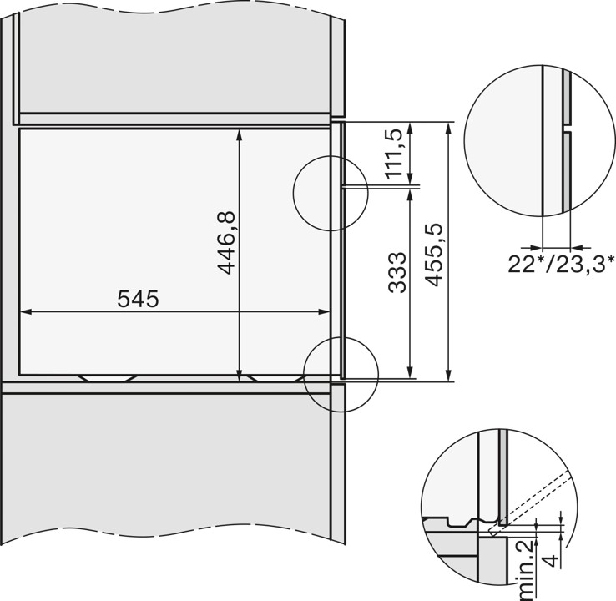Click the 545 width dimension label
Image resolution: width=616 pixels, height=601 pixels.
(138, 298)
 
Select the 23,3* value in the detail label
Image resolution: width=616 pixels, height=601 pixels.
(581, 265)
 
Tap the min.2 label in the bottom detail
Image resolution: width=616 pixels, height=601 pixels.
(523, 571)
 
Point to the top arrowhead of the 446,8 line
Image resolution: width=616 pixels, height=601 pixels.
(240, 133)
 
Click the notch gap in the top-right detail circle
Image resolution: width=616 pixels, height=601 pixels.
(567, 131)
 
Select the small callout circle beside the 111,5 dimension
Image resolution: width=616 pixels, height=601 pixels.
(331, 194)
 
